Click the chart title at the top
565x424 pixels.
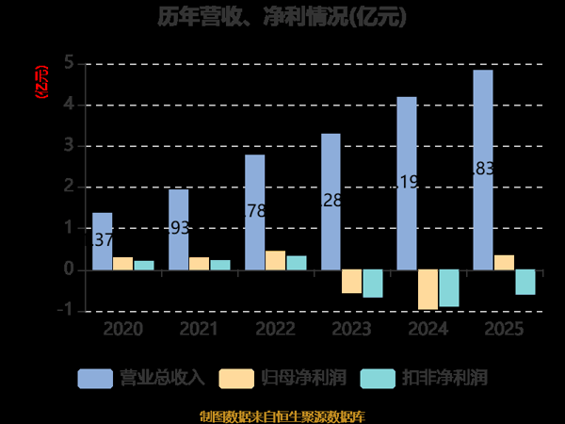coord(282,18)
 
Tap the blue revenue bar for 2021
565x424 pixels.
coord(178,229)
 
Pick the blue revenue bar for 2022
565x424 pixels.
coord(254,212)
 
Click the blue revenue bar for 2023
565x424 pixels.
coord(331,202)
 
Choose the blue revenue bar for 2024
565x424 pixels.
coord(407,183)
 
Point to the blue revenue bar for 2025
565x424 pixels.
coord(483,170)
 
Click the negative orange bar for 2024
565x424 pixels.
coord(428,289)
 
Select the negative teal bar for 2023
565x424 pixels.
coord(373,284)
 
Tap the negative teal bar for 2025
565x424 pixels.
coord(525,282)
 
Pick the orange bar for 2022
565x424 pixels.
coord(275,260)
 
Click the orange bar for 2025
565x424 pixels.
coord(504,262)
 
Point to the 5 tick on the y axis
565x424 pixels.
coord(69,64)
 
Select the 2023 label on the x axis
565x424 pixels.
coord(351,329)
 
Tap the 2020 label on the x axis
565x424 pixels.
coord(122,329)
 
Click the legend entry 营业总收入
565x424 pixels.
coord(141,378)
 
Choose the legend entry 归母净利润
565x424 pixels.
coord(282,378)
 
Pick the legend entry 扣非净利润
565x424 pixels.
coord(423,378)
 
